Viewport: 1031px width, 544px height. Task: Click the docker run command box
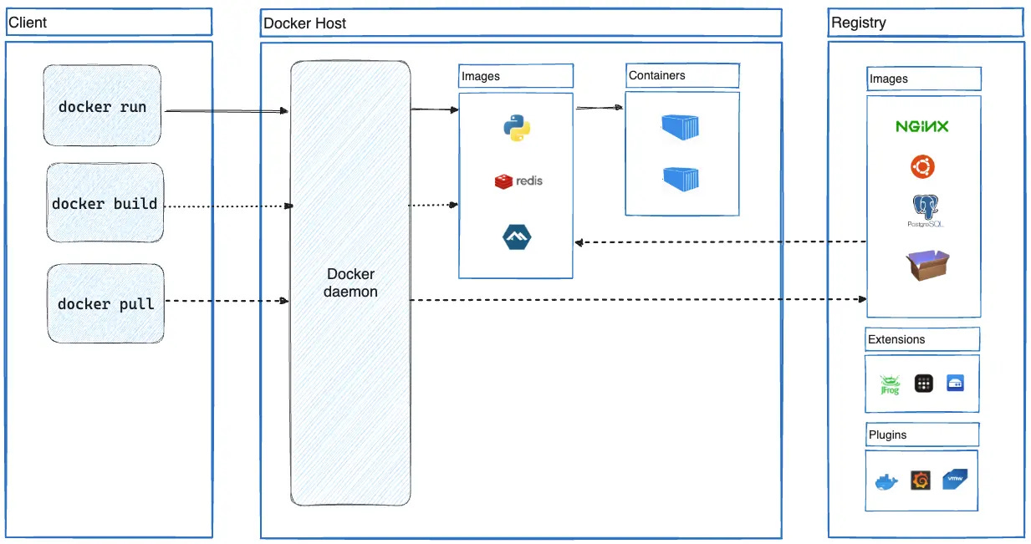(x=102, y=107)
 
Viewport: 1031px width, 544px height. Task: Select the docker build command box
(x=105, y=203)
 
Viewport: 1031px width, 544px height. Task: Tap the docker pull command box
(x=105, y=303)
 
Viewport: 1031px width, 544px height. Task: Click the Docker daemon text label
(x=350, y=283)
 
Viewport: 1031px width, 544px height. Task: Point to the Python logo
(x=517, y=128)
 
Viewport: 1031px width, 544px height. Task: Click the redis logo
(x=518, y=180)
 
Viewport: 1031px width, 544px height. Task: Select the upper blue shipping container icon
(x=680, y=126)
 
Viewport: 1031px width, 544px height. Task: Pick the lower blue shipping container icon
(x=681, y=178)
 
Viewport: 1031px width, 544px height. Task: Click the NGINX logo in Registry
(x=922, y=127)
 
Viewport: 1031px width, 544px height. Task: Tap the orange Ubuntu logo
(x=922, y=167)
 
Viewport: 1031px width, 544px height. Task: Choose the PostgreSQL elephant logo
(x=924, y=210)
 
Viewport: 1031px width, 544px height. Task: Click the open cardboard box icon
(x=927, y=266)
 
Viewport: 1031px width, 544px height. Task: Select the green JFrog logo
(x=889, y=384)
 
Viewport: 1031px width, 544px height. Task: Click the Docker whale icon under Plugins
(x=886, y=482)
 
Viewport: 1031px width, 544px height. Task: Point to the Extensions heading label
(x=896, y=339)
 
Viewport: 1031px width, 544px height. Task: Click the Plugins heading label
(x=887, y=435)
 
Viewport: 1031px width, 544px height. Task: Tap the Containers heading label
(x=656, y=75)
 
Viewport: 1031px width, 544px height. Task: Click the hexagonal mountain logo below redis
(x=517, y=237)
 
